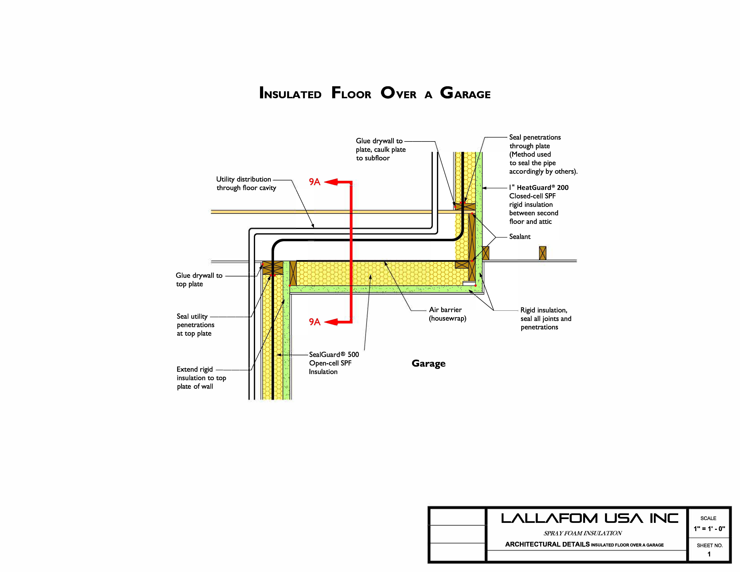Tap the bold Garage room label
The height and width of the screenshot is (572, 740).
(428, 363)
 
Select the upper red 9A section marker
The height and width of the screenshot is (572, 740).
(314, 182)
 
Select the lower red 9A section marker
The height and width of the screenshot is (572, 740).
(314, 322)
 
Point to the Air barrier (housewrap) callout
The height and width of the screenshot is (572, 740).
(447, 314)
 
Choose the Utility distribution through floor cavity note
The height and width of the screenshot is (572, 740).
(246, 183)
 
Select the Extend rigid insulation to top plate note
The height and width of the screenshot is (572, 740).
(201, 378)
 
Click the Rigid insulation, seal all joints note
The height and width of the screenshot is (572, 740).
(545, 319)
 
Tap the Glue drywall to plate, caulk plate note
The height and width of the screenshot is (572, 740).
(380, 149)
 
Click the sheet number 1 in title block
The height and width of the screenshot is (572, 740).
(709, 554)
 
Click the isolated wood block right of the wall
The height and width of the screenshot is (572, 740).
(542, 253)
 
